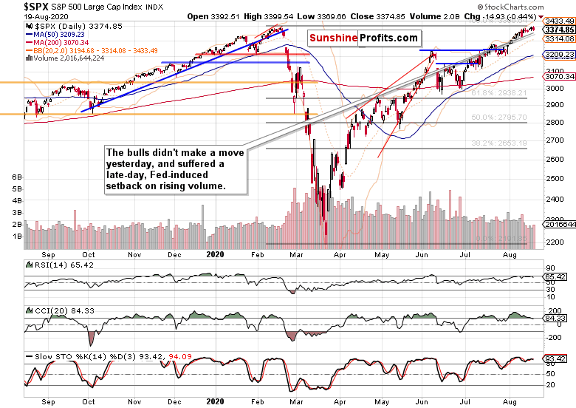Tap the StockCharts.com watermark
tap(543, 5)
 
